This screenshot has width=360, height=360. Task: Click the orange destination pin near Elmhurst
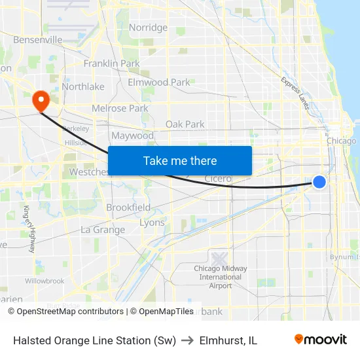click(41, 99)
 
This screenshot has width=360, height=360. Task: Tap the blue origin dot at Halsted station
click(319, 182)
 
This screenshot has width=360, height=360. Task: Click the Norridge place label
click(148, 27)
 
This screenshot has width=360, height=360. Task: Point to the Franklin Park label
click(111, 63)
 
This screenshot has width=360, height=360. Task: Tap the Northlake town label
click(83, 86)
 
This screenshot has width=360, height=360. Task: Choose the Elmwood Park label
click(158, 82)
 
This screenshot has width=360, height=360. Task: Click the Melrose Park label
click(120, 108)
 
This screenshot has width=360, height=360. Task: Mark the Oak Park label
click(185, 124)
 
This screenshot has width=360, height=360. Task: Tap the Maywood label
click(132, 136)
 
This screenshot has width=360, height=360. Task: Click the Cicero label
click(218, 179)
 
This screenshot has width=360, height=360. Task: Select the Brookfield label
click(128, 207)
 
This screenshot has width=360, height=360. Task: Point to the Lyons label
click(152, 223)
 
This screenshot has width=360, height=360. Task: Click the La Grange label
click(103, 230)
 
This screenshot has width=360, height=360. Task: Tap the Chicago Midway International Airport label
click(221, 277)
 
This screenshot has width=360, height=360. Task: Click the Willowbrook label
click(45, 281)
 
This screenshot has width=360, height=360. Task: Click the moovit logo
click(320, 340)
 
